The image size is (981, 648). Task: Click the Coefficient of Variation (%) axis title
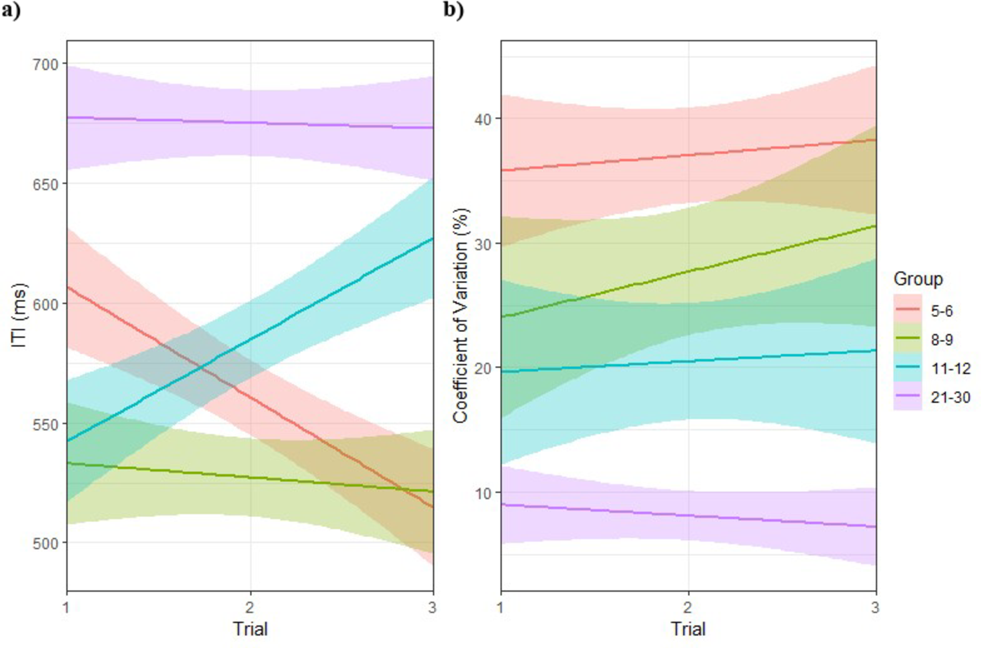tap(461, 316)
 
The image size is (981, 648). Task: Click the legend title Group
tap(918, 279)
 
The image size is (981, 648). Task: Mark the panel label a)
tap(11, 10)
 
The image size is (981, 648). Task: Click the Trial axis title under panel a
tap(250, 629)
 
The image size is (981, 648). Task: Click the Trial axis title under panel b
tap(688, 629)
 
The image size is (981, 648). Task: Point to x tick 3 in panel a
tap(432, 608)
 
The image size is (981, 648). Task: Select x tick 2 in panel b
tap(688, 608)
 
